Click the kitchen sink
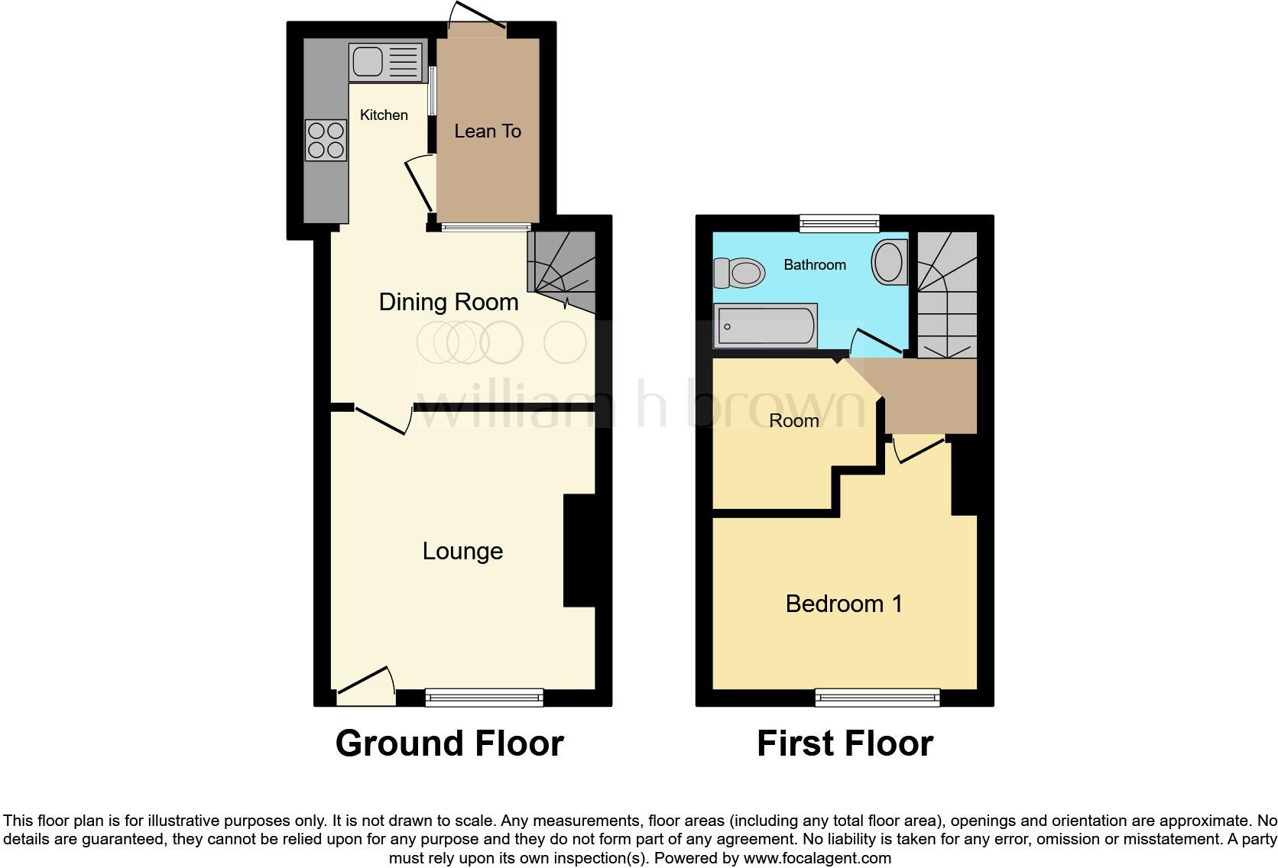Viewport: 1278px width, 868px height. click(386, 62)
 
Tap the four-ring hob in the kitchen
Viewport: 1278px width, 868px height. click(326, 141)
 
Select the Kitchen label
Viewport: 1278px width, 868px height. click(384, 115)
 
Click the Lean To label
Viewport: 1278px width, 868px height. click(488, 131)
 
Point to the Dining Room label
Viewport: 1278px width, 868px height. click(449, 302)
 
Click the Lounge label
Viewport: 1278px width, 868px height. click(462, 551)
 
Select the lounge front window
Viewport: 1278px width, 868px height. click(484, 696)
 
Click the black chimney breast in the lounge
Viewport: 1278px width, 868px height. click(579, 551)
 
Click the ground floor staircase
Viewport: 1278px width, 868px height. click(562, 272)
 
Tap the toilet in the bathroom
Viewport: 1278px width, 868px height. click(740, 273)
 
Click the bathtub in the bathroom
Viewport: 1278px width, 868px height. click(765, 325)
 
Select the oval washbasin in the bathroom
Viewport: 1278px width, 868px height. click(889, 262)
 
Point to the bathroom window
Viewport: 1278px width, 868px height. click(839, 223)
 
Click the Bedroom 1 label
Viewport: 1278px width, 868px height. click(844, 604)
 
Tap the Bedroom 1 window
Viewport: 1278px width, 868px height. click(877, 696)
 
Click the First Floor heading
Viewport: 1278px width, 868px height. click(845, 743)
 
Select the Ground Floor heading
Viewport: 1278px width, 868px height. click(449, 743)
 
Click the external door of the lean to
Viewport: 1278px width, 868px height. click(478, 23)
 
